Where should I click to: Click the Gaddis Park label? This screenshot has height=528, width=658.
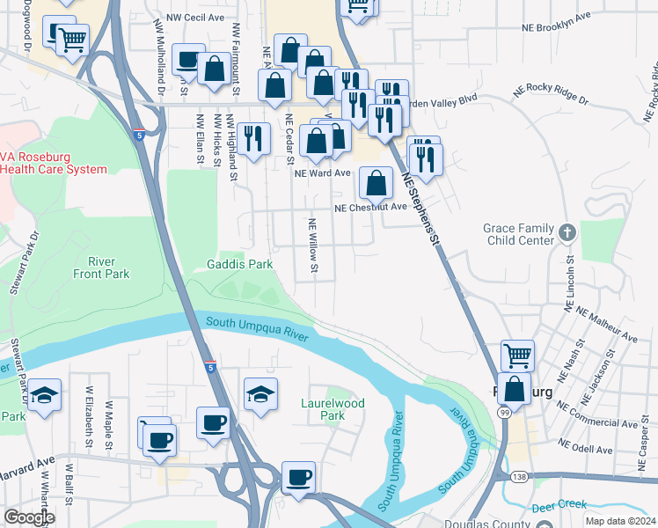[x=239, y=264]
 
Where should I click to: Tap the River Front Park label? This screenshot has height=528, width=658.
[x=102, y=268]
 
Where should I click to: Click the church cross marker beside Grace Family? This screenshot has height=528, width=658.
[x=567, y=233]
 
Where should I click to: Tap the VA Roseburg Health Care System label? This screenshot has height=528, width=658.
[x=54, y=163]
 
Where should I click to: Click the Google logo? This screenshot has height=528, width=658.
[x=29, y=517]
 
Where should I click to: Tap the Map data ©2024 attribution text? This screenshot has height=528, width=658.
[x=620, y=521]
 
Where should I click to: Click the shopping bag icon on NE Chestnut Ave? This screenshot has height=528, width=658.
[x=376, y=182]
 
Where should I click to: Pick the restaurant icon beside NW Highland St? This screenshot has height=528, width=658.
[x=252, y=136]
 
